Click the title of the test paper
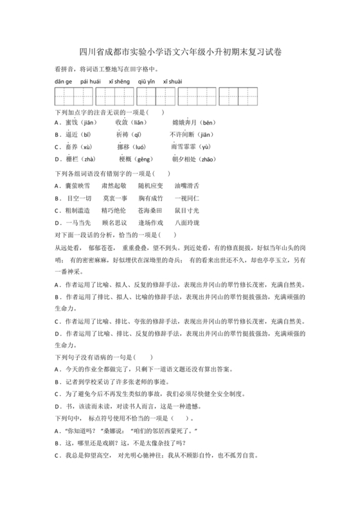[x=180, y=52]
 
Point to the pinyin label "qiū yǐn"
[x=146, y=82]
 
